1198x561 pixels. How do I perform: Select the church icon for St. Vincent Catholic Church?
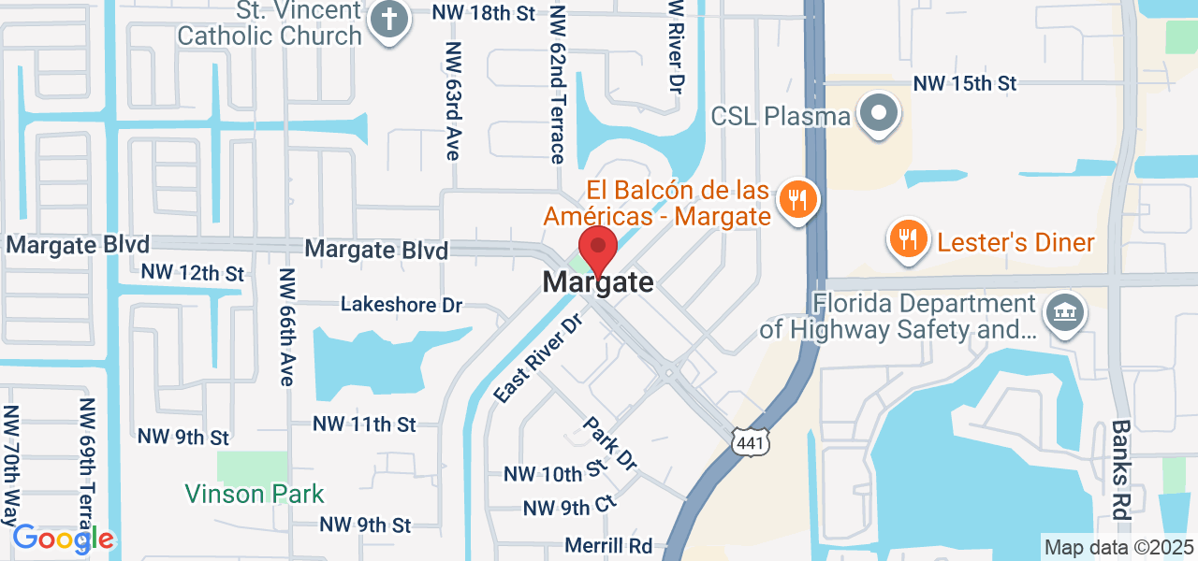(387, 22)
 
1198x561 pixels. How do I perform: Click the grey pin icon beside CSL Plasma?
(879, 114)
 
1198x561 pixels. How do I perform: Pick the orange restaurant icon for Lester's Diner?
(907, 240)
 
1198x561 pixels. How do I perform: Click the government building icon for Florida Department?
(1062, 312)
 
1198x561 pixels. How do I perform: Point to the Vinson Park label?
(254, 494)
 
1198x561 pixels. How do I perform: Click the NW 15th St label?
(965, 83)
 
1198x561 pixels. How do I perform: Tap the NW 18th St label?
(482, 13)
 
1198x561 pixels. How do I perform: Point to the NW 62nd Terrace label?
(558, 85)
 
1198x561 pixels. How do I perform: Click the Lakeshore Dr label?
(402, 305)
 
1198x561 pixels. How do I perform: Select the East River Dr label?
(538, 358)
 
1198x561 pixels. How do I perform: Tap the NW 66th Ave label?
(286, 327)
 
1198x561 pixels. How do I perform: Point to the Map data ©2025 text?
(1118, 547)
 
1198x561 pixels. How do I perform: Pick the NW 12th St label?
(192, 274)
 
